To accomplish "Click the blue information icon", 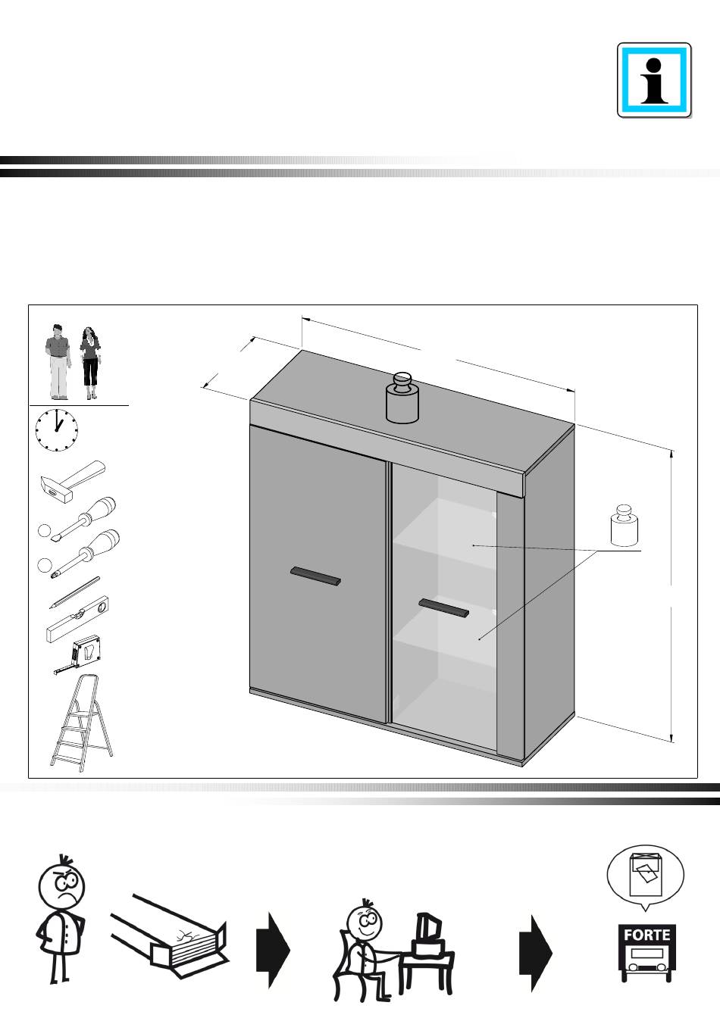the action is pos(654,80).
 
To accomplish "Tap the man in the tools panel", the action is pos(57,362).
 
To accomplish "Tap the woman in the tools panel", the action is pos(90,363).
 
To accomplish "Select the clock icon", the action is pos(56,429).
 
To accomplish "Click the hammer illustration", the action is pos(72,481).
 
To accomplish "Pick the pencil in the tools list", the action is pos(75,593).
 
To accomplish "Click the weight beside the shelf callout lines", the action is pos(625,526).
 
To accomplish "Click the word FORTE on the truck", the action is pos(646,935).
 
